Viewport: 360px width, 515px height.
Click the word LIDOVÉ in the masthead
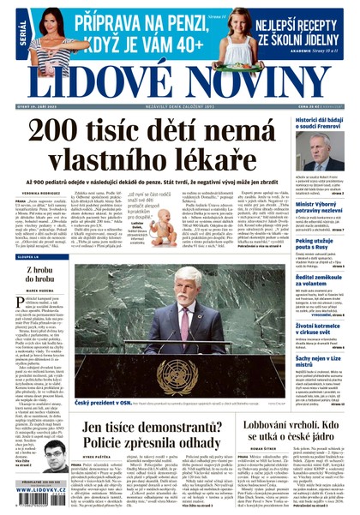(90, 76)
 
